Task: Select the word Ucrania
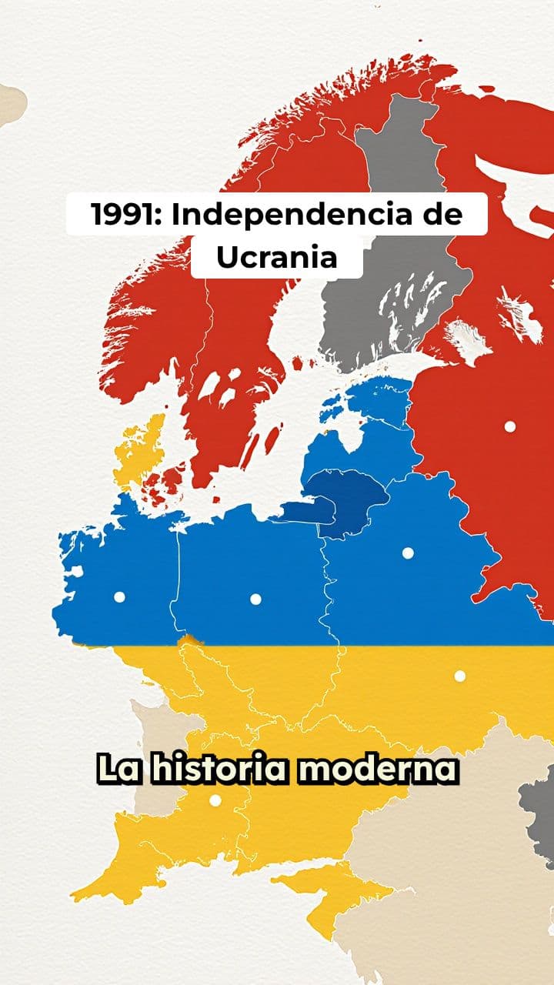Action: pyautogui.click(x=276, y=258)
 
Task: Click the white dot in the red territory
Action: pyautogui.click(x=509, y=426)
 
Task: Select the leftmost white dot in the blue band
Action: pyautogui.click(x=119, y=596)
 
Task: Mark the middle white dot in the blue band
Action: pyautogui.click(x=255, y=599)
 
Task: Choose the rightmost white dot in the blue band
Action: pyautogui.click(x=408, y=553)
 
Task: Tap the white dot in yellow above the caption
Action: pyautogui.click(x=459, y=676)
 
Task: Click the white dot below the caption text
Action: pyautogui.click(x=215, y=800)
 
